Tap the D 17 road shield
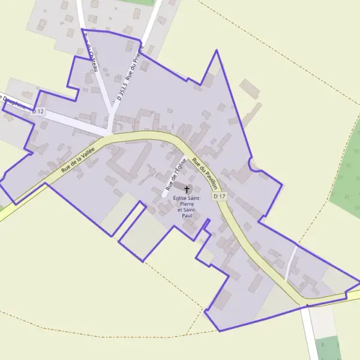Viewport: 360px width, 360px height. click(x=219, y=196)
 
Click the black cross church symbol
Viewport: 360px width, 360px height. click(x=187, y=189)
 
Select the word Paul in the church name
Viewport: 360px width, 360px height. click(x=186, y=215)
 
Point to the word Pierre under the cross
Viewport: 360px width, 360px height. click(x=185, y=204)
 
